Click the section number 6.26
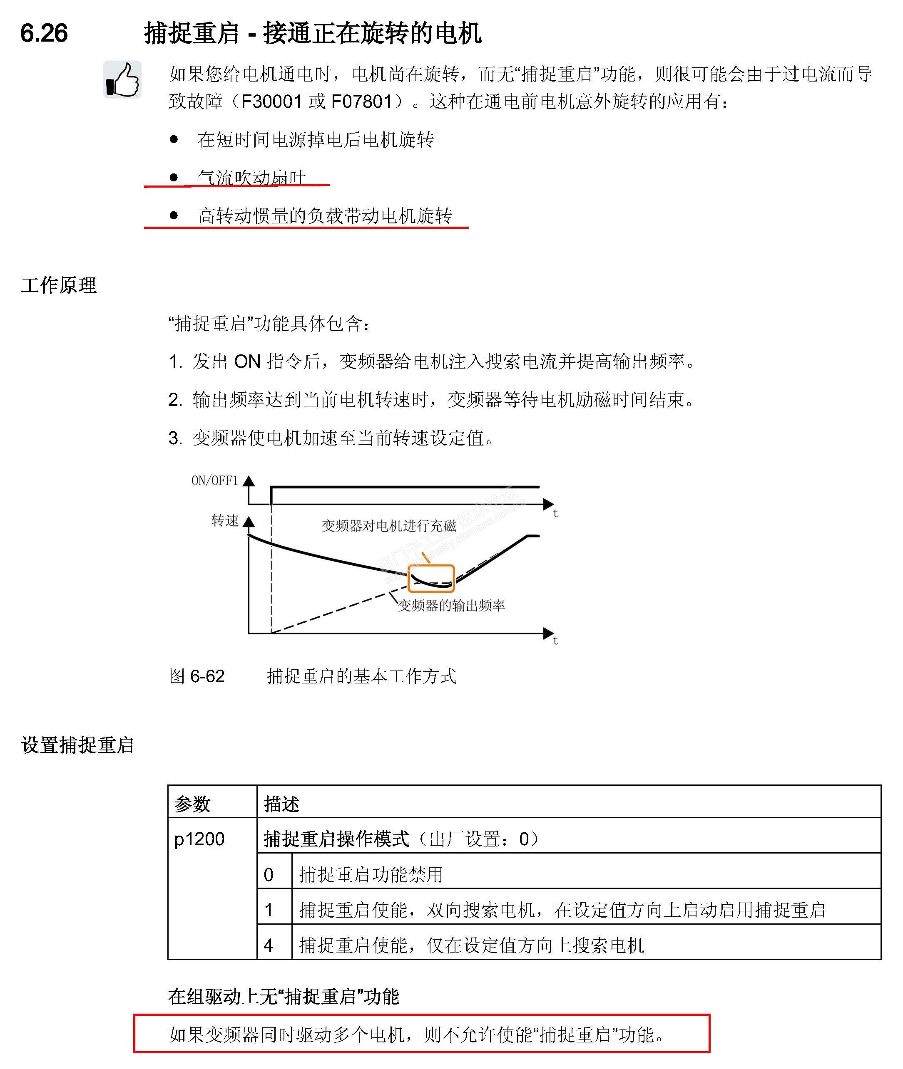coord(44,33)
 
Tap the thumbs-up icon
coord(122,80)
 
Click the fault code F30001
coord(271,101)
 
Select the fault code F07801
coord(361,101)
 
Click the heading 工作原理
coord(59,285)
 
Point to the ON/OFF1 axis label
coord(215,480)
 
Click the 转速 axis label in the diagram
coord(225,521)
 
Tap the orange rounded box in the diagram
coord(431,578)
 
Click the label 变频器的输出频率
coord(451,606)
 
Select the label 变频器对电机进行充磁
coord(388,525)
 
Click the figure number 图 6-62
coord(197,676)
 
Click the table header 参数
coord(192,804)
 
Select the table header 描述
coord(281,804)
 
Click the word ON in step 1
coord(247,361)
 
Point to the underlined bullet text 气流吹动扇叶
coord(252,178)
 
